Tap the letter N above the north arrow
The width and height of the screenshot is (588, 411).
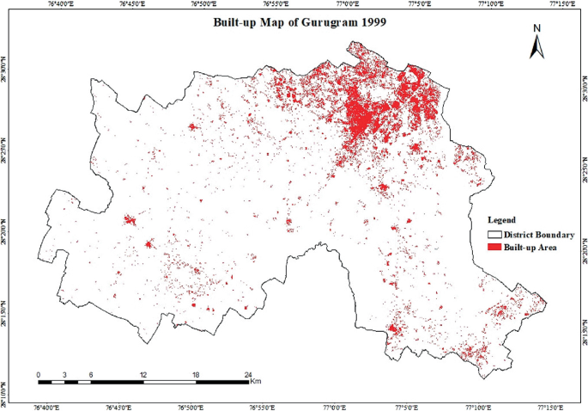coord(538,28)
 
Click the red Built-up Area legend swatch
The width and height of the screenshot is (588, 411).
coord(494,248)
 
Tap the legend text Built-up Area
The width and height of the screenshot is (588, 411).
coord(531,248)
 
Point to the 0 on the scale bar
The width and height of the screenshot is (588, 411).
coord(39,374)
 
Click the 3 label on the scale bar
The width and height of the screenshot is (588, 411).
coord(64,374)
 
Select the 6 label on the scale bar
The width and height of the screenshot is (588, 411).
coord(91,374)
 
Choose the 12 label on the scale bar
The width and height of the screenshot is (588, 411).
coord(143,374)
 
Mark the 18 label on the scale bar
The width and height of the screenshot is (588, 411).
coord(196,374)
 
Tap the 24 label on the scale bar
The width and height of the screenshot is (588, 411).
coord(248,374)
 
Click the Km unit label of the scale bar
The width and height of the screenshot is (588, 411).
coord(257,382)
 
